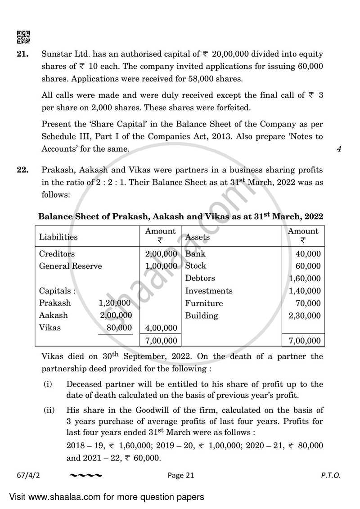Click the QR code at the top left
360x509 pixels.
[x=23, y=36]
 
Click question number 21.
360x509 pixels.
[x=23, y=54]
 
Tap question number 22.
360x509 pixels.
[x=23, y=170]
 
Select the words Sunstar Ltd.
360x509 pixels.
[x=62, y=54]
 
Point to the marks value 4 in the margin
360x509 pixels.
[x=338, y=149]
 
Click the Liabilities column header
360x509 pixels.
[x=58, y=237]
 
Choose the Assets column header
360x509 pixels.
[x=197, y=237]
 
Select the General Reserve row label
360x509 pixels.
[x=70, y=266]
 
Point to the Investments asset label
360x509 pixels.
[x=208, y=291]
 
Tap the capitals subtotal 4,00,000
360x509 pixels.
[x=161, y=328]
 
